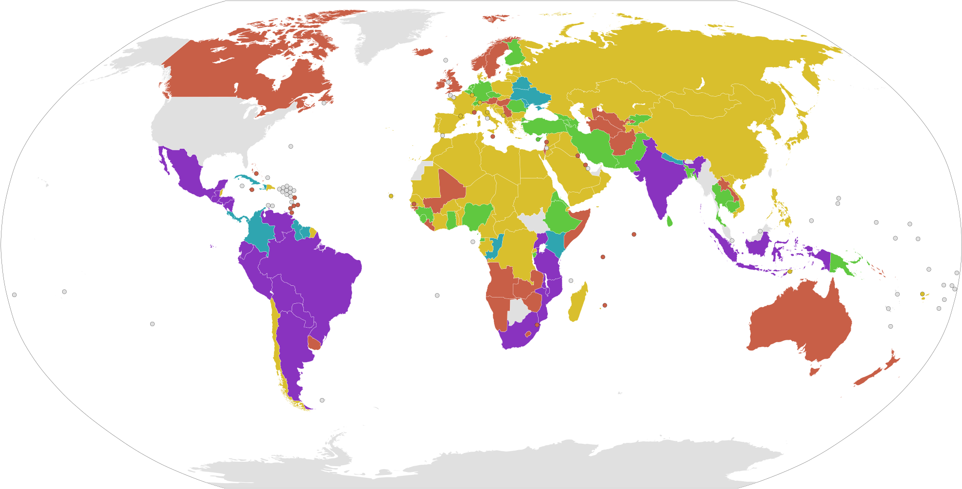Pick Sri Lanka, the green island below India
point(669,221)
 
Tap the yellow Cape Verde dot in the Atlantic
point(391,196)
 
